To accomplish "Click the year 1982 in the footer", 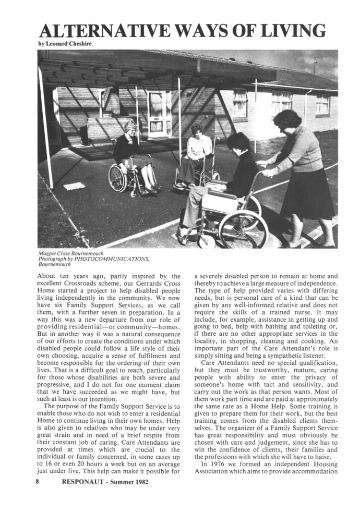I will [x=138, y=482].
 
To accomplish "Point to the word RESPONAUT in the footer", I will [x=83, y=482].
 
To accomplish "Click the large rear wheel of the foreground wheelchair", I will [x=243, y=229].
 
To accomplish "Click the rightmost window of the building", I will [x=322, y=104].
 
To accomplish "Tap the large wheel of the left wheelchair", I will [x=118, y=178].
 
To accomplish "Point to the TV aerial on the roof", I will [x=315, y=64].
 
